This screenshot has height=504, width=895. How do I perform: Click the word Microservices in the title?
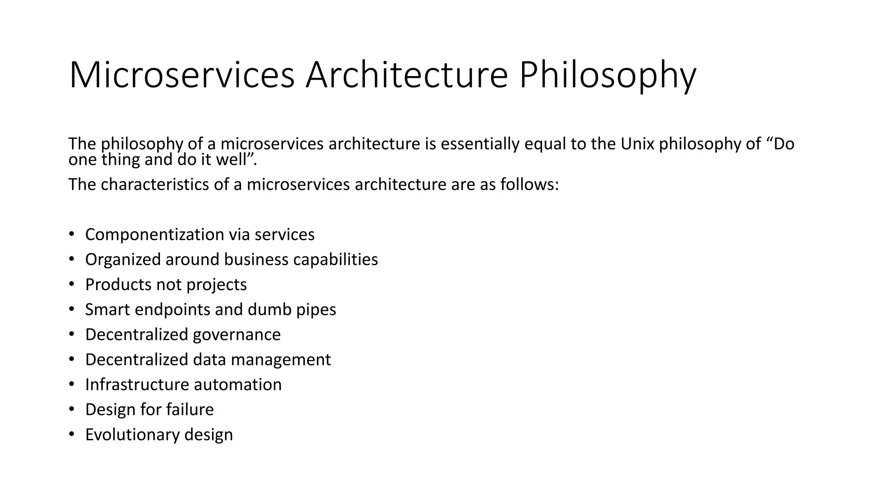pyautogui.click(x=182, y=75)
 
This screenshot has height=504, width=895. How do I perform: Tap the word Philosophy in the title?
pyautogui.click(x=607, y=75)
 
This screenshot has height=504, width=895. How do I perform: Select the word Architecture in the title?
pyautogui.click(x=406, y=75)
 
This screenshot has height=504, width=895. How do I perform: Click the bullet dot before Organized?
pyautogui.click(x=72, y=259)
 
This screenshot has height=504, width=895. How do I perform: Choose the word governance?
pyautogui.click(x=236, y=335)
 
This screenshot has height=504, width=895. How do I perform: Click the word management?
pyautogui.click(x=281, y=360)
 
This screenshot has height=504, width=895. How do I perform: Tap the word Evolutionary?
pyautogui.click(x=132, y=434)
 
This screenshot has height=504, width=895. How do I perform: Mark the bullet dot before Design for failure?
pyautogui.click(x=72, y=409)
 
